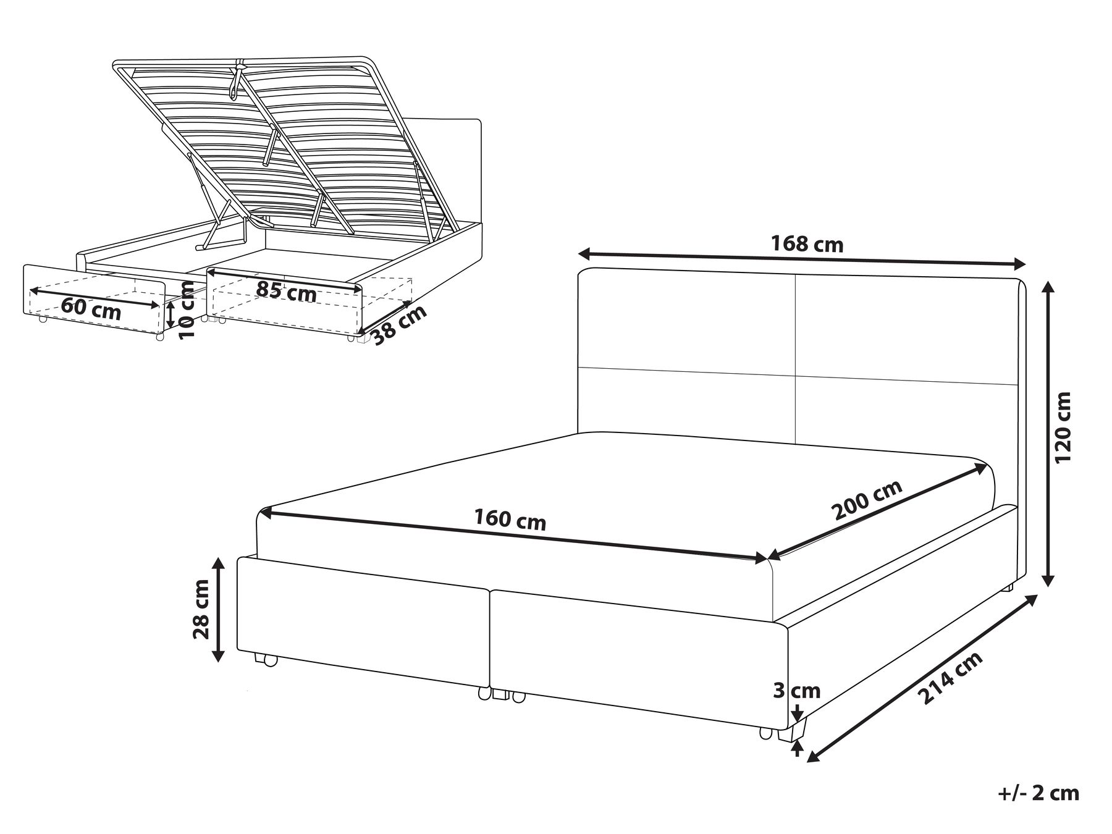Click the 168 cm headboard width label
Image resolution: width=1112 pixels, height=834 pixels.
807,245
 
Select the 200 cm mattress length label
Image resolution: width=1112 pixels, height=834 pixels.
866,500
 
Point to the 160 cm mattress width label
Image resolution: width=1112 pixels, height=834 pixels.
510,520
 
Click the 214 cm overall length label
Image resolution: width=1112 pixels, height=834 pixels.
950,679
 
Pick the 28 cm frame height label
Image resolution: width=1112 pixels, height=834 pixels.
201,609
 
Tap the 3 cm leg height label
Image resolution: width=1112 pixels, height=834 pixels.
797,690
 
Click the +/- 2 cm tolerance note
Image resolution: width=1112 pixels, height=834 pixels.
1038,793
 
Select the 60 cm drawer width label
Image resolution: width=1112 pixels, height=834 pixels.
91,309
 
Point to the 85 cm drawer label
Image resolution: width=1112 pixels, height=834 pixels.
286,291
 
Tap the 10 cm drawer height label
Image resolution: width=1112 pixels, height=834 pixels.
186,310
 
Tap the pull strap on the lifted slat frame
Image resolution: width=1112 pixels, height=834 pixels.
235,80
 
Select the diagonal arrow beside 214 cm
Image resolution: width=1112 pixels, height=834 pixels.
922,678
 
